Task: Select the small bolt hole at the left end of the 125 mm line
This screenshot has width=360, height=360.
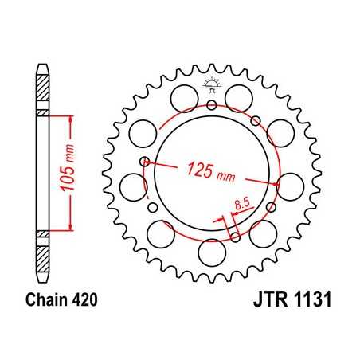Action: coord(144,162)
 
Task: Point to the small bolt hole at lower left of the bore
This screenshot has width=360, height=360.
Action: coord(152,209)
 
